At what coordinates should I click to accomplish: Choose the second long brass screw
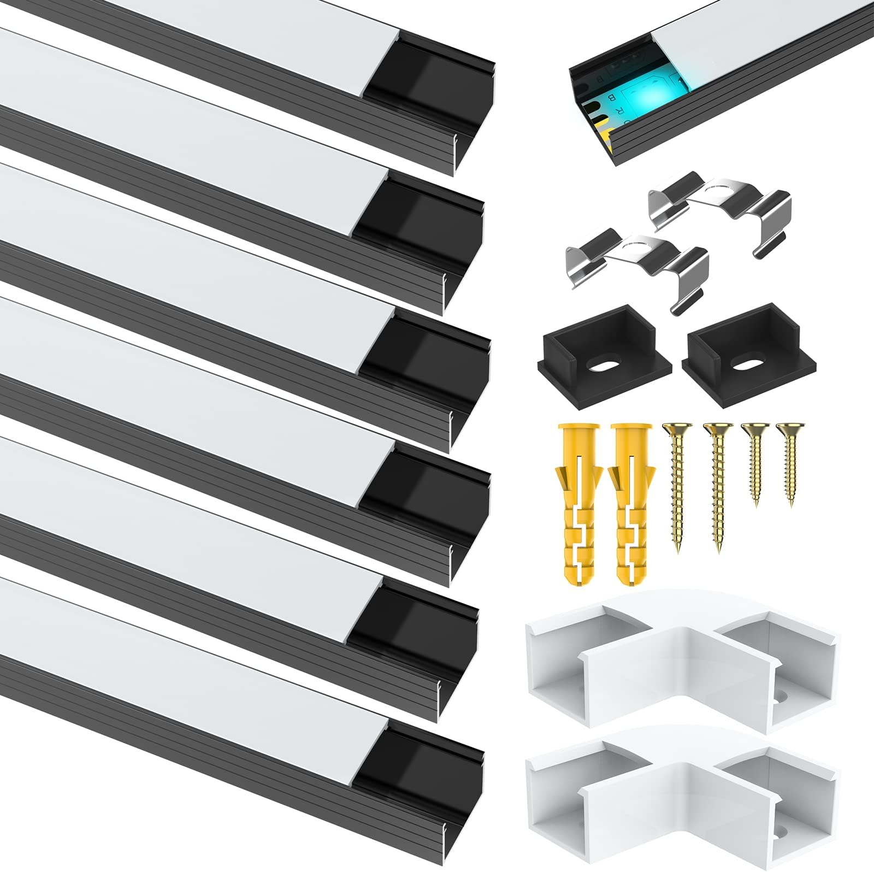click(715, 492)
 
